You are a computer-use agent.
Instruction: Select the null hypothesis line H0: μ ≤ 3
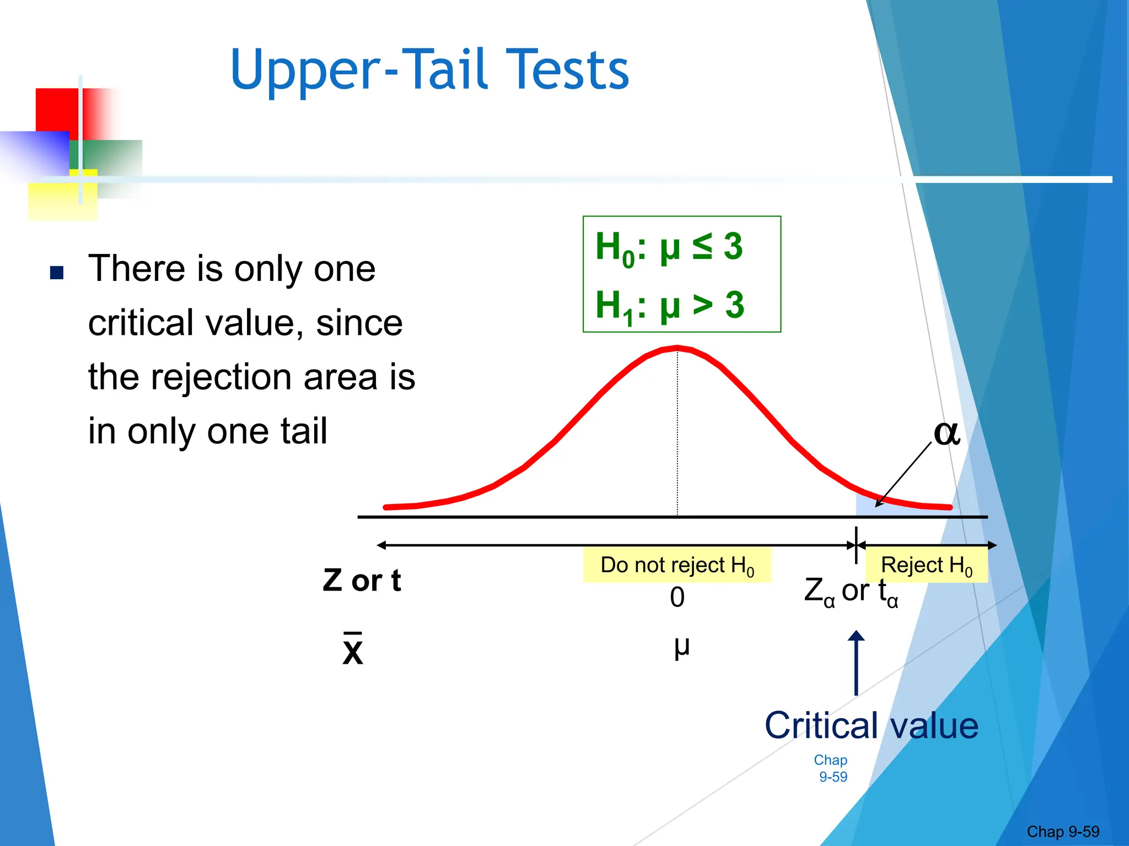(669, 247)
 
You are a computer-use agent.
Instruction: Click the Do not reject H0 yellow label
(677, 566)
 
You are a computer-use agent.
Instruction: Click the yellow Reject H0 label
(926, 566)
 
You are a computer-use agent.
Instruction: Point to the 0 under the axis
(677, 598)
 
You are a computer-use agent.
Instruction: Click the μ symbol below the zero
(681, 647)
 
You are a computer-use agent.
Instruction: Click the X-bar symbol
(353, 650)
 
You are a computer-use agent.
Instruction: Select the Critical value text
(871, 726)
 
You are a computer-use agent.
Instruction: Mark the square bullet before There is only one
(57, 273)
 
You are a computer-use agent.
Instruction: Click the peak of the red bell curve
(677, 348)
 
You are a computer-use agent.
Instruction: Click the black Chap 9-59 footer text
(1062, 832)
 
